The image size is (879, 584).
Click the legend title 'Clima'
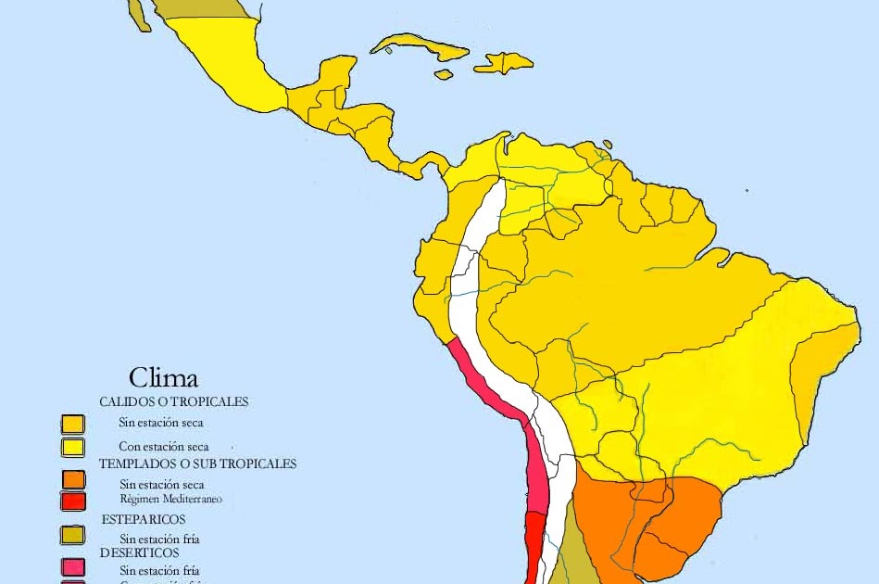(x=163, y=377)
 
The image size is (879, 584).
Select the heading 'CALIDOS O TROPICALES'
(x=174, y=402)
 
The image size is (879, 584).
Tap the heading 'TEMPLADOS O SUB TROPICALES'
(x=197, y=463)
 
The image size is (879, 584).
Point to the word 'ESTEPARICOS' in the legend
(x=144, y=519)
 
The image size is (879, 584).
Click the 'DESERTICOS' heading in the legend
(x=140, y=552)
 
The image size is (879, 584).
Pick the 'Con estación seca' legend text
(x=163, y=446)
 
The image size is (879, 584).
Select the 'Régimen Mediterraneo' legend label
(x=171, y=499)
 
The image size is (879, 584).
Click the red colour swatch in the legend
(x=73, y=501)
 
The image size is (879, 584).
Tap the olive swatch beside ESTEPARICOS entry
(x=73, y=535)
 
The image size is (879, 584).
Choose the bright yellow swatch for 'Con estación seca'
(x=73, y=447)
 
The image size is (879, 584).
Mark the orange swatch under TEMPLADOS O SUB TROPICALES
(x=73, y=479)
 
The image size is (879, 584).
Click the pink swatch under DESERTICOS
(x=73, y=567)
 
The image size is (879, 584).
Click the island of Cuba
(x=417, y=44)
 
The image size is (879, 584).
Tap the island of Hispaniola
(x=505, y=62)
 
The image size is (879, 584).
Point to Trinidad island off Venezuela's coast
(x=607, y=145)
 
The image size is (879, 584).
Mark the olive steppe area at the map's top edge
(x=199, y=8)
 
